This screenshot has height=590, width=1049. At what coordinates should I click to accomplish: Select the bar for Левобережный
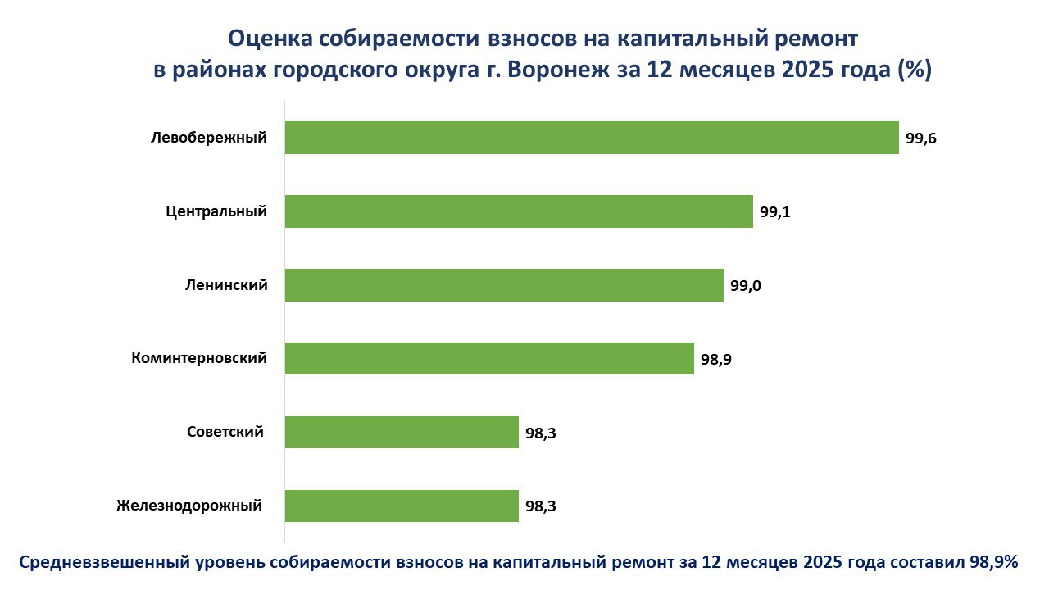pos(592,138)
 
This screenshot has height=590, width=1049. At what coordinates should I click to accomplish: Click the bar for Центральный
pos(519,211)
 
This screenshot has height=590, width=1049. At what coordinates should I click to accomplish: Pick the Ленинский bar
pos(504,285)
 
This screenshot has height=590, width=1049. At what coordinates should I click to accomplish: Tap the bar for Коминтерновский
pos(489,359)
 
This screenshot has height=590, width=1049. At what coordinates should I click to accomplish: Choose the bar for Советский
pos(402,432)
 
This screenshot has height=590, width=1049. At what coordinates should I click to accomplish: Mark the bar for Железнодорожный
pos(402,506)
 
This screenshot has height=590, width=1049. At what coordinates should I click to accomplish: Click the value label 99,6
pos(921,138)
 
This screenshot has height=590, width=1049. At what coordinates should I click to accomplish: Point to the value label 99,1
pos(774,212)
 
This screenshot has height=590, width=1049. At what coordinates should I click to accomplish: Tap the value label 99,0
pos(745,286)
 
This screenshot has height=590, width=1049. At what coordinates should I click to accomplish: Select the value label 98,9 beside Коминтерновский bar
pos(715,360)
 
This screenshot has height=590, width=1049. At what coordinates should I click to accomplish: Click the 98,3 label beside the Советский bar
pos(540,433)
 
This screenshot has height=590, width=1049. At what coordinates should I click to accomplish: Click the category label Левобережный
pos(209,138)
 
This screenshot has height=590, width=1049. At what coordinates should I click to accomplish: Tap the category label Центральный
pos(216,211)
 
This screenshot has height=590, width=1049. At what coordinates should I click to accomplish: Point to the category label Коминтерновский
pos(199,358)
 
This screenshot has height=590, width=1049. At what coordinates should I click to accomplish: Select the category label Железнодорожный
pos(189,505)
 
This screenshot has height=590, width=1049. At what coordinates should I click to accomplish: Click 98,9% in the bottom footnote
pos(993,563)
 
